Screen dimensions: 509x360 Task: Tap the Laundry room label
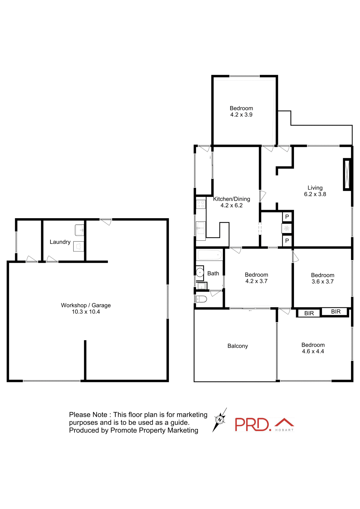click(60, 242)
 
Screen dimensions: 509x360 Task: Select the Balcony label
click(237, 346)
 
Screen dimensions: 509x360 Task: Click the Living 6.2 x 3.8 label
click(315, 191)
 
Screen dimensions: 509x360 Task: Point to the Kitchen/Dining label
click(232, 199)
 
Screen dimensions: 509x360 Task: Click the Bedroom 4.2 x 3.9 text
click(241, 111)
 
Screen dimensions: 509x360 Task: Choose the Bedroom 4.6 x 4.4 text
click(313, 348)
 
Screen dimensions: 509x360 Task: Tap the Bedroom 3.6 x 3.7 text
click(322, 278)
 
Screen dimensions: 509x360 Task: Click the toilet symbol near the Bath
click(201, 299)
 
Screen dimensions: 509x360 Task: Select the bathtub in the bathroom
click(210, 255)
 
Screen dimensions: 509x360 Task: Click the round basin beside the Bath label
click(199, 273)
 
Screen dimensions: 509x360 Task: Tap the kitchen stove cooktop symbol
click(201, 204)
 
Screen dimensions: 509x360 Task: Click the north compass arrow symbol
click(220, 420)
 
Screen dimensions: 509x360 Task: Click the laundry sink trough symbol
click(79, 230)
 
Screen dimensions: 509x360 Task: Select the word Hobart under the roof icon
click(284, 430)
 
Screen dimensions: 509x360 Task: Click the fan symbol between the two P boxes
click(287, 228)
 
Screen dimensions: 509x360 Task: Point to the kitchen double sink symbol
click(201, 228)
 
